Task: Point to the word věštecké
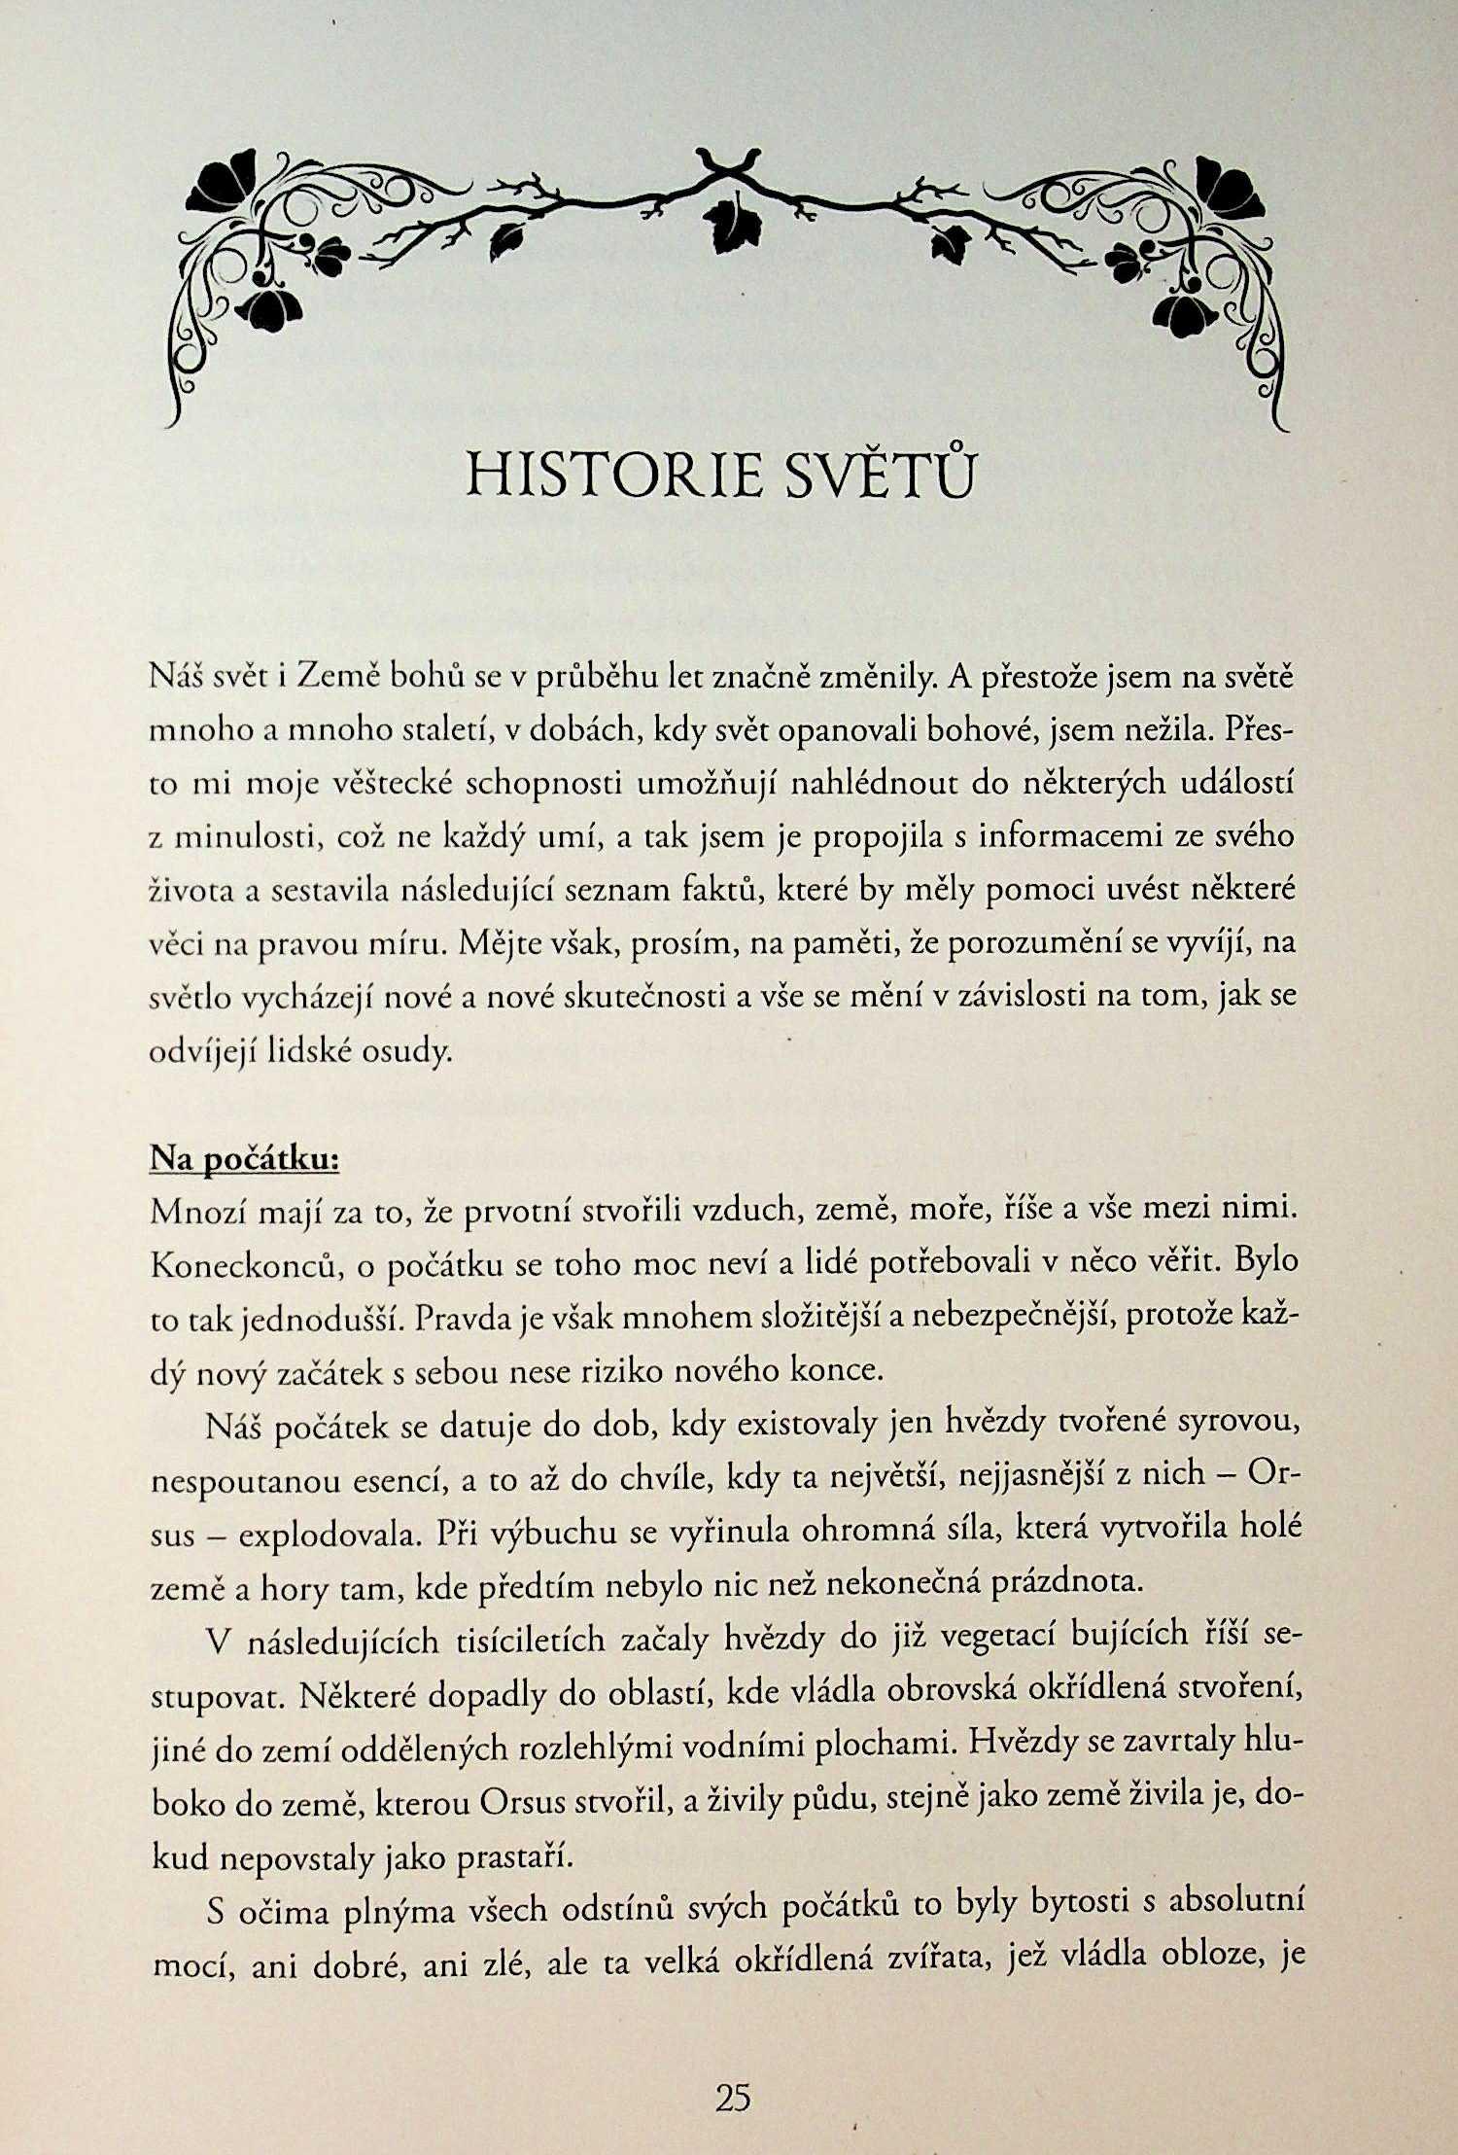[389, 784]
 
